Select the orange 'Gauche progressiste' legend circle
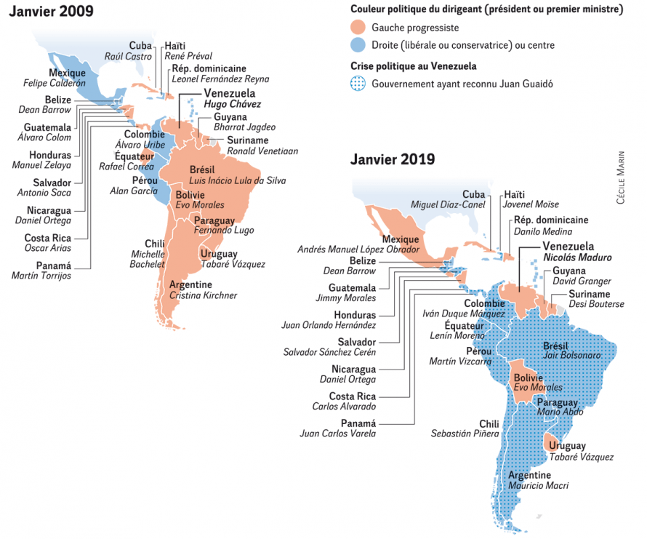point(358,28)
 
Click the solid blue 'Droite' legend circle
point(358,45)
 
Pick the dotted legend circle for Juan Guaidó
point(358,84)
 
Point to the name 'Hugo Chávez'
point(233,105)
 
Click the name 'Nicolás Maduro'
point(577,257)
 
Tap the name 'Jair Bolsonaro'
point(572,356)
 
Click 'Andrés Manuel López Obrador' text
point(358,249)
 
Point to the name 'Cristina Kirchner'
point(203,295)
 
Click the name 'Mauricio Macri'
point(539,485)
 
